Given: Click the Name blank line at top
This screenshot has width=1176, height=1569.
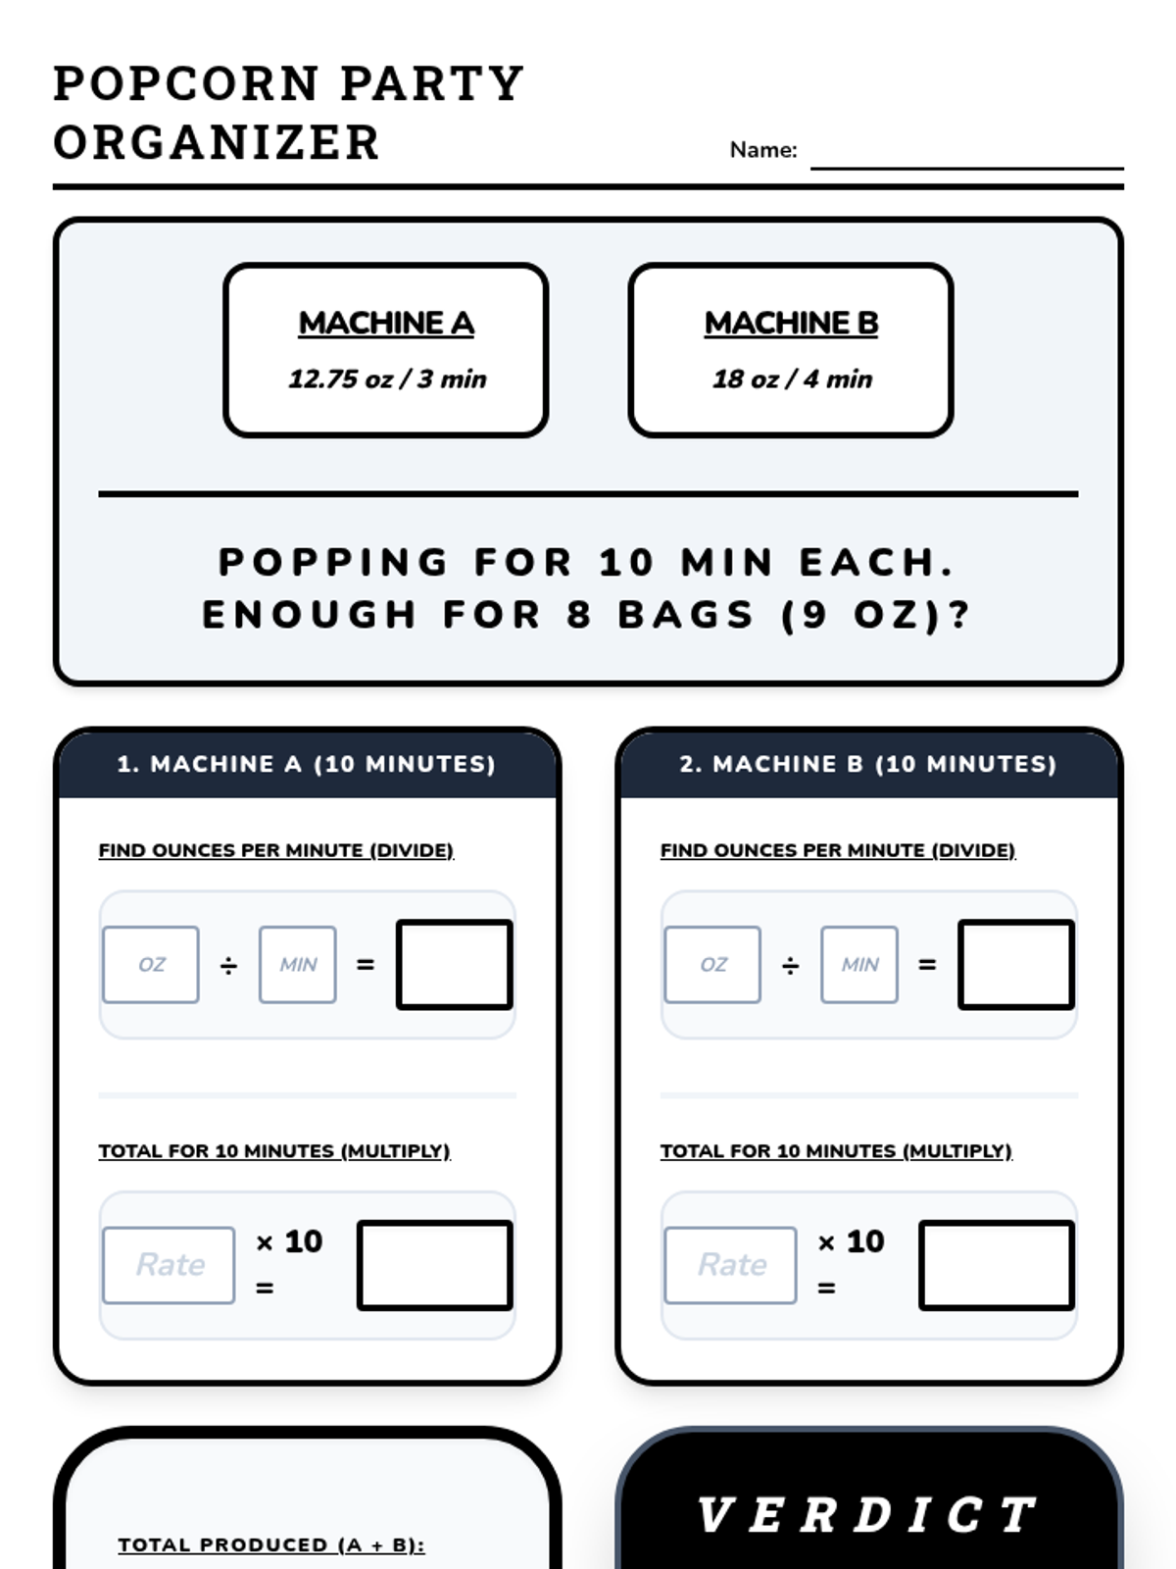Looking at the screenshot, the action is [967, 168].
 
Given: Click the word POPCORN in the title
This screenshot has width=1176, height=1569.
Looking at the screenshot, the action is [186, 83].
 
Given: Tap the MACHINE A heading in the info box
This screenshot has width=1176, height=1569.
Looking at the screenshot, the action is [386, 323].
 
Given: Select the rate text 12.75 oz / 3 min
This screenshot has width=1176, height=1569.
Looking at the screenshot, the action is [387, 379].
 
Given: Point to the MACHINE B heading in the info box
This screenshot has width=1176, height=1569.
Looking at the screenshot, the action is [791, 323].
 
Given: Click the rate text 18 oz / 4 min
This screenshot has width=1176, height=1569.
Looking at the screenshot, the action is [792, 379].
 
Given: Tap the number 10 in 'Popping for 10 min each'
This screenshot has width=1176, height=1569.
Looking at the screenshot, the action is [626, 562].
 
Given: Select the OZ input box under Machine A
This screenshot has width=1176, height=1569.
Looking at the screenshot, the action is [151, 964].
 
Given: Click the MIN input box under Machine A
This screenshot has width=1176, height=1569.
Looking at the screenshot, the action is [298, 964].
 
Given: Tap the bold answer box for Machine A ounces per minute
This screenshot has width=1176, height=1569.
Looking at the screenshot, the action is [455, 964].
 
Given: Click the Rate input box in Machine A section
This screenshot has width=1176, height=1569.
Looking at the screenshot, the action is [169, 1265].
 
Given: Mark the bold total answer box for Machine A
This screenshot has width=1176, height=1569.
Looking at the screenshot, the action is [435, 1265].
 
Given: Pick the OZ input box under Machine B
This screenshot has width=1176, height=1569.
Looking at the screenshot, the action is [712, 964].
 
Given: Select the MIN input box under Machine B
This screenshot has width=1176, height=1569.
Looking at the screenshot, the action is [859, 964].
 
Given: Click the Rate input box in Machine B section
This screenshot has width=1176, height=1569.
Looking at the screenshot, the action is [730, 1265].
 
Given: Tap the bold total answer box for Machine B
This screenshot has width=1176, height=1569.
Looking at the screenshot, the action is [997, 1265].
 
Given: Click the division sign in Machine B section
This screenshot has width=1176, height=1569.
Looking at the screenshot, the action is [791, 966].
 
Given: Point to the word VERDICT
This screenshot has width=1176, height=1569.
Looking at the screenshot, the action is [867, 1515].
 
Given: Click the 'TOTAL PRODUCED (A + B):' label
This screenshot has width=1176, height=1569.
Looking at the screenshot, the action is [271, 1544].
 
